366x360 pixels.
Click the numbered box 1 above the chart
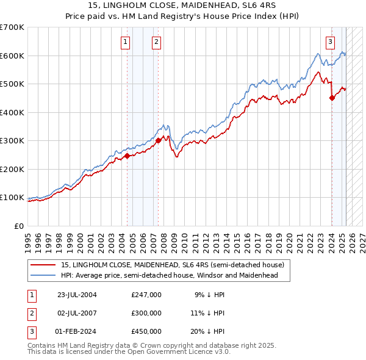pos(125,42)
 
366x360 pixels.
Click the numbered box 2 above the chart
pos(157,42)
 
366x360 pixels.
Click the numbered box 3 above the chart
pos(330,42)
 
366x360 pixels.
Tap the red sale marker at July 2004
pos(127,156)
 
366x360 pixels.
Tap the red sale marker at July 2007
pos(158,140)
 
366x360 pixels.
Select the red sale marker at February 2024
pos(332,98)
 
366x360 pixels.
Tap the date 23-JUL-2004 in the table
pos(77,295)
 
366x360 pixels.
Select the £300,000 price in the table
pos(146,313)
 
